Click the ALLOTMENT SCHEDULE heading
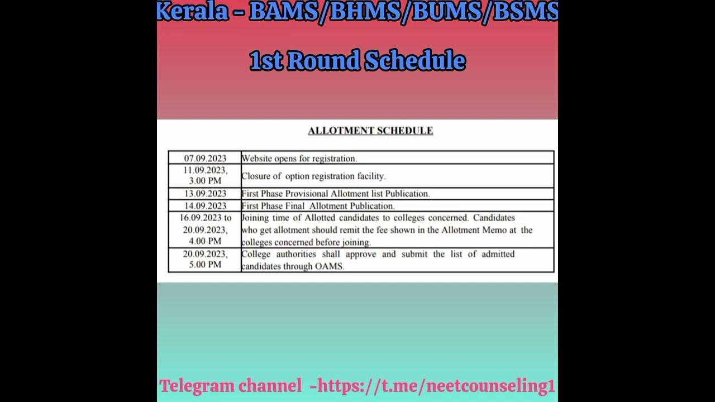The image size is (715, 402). pyautogui.click(x=370, y=131)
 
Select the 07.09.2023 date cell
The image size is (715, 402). pyautogui.click(x=205, y=159)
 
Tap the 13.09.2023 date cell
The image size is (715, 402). pyautogui.click(x=205, y=194)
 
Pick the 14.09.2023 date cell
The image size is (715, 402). pyautogui.click(x=205, y=206)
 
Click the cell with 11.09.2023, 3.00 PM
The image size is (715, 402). pyautogui.click(x=205, y=176)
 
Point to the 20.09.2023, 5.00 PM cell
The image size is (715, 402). pyautogui.click(x=205, y=260)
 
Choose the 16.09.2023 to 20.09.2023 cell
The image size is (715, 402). pyautogui.click(x=205, y=229)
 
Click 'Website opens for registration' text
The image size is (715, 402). pyautogui.click(x=299, y=159)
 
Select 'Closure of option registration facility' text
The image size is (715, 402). pyautogui.click(x=313, y=176)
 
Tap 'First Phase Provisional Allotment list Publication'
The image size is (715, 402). pyautogui.click(x=335, y=194)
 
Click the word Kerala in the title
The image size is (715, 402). pyautogui.click(x=193, y=12)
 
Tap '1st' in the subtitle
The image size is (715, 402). pyautogui.click(x=265, y=61)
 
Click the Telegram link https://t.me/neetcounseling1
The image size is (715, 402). pyautogui.click(x=436, y=386)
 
